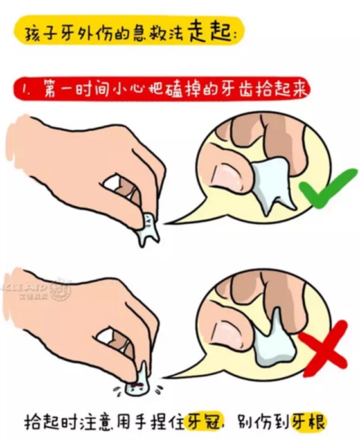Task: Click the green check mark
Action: click(327, 190)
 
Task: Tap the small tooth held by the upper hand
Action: click(148, 228)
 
